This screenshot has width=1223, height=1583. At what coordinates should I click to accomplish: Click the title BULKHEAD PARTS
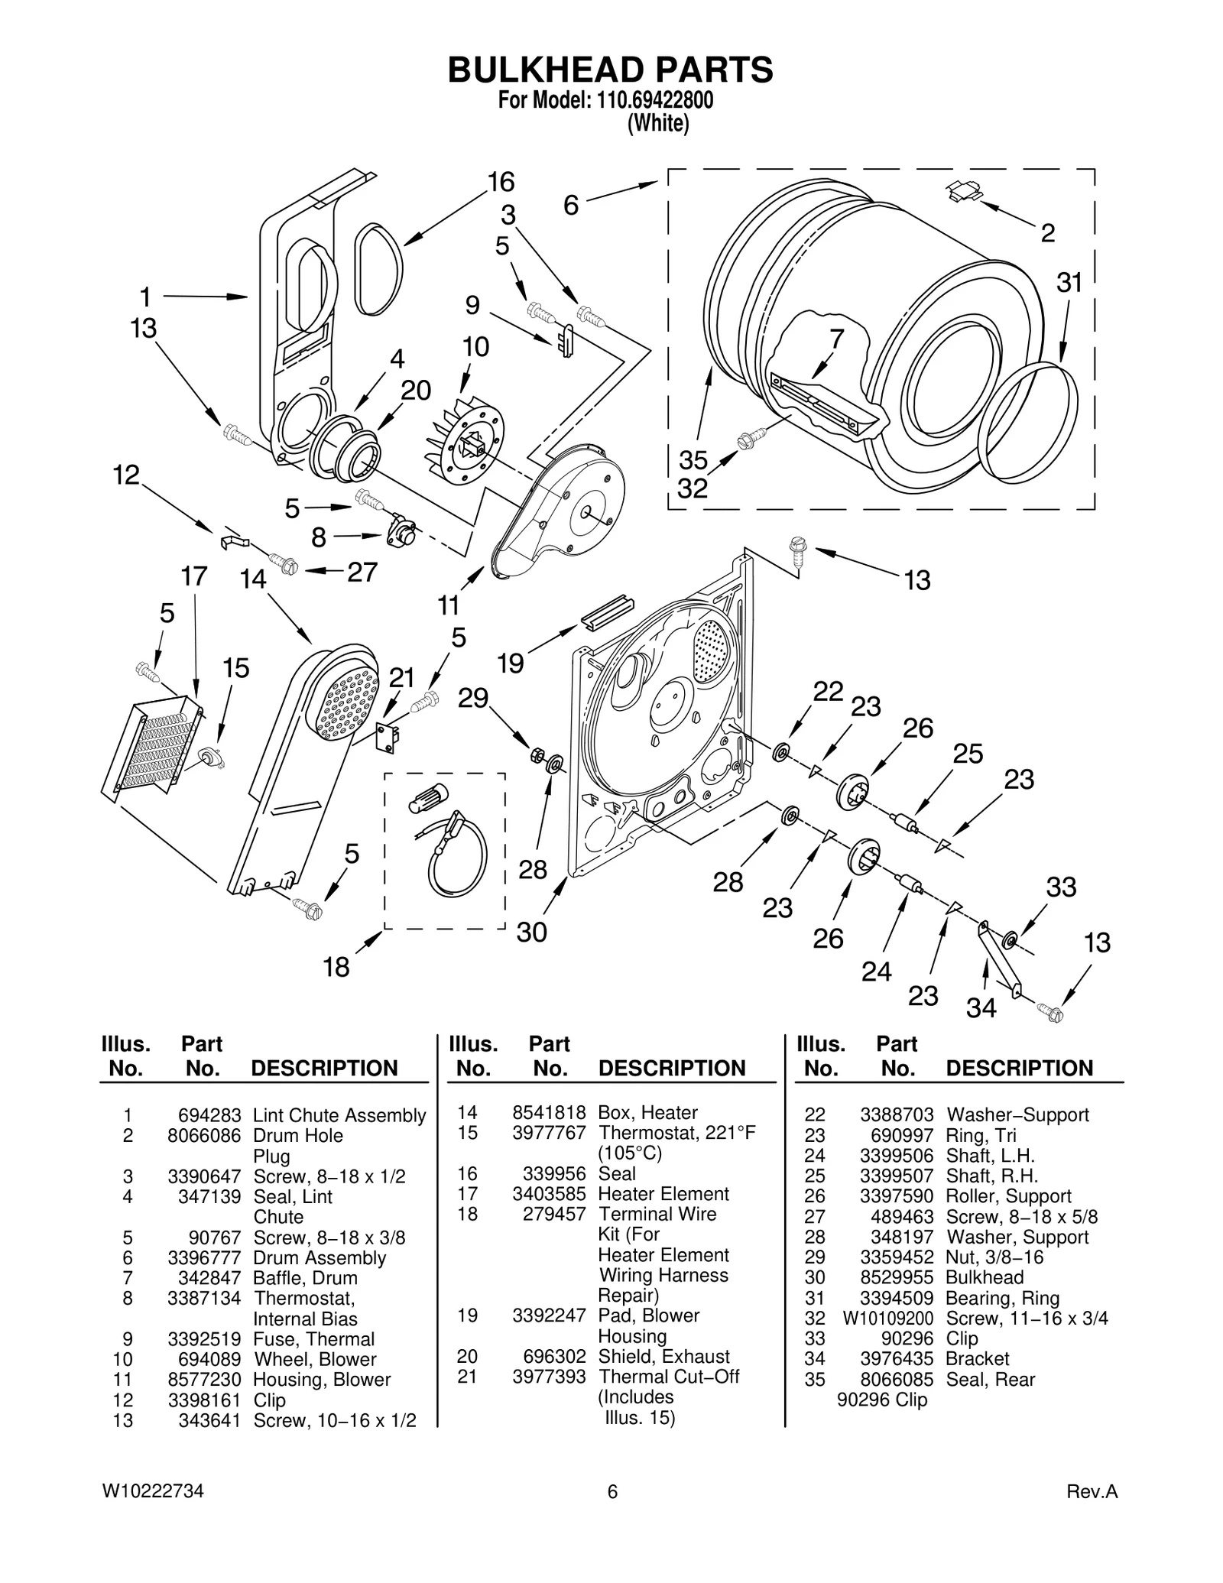coord(610,70)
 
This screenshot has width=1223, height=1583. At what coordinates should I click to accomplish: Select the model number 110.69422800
coord(649,100)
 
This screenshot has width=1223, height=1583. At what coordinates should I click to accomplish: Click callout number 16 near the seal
coord(501,182)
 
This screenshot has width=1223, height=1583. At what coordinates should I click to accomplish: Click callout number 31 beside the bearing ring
coord(1069,283)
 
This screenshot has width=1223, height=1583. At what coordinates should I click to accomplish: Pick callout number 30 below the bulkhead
coord(532,932)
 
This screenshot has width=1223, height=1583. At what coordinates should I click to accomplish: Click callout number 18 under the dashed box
coord(336,967)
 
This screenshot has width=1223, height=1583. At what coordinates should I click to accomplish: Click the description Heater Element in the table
coord(663,1194)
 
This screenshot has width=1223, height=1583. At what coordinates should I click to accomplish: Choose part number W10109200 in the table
coord(888,1319)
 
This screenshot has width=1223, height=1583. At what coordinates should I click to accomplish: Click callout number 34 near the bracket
coord(981,1007)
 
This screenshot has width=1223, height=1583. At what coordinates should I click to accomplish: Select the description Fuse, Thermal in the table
coord(313,1339)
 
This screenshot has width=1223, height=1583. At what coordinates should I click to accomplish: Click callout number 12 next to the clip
coord(126,475)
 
